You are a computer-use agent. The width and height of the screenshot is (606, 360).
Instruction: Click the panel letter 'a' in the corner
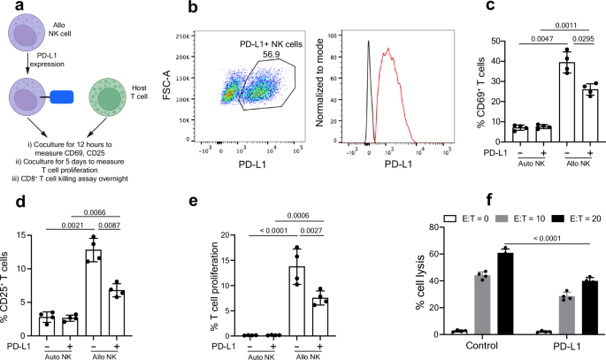(8, 9)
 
